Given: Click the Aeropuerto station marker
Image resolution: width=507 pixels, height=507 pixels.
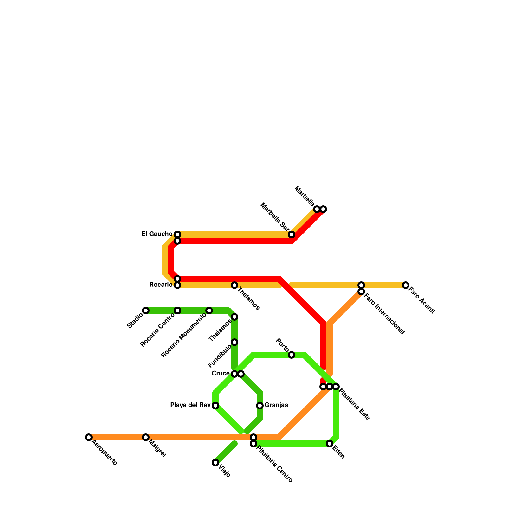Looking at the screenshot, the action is [89, 437].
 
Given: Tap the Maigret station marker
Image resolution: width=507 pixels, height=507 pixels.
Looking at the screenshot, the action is [146, 437].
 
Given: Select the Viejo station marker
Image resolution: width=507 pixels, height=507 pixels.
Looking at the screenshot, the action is [215, 463].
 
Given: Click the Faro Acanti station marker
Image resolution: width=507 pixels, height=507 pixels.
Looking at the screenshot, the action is [406, 285].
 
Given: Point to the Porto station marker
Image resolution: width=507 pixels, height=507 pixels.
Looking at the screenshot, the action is [292, 355].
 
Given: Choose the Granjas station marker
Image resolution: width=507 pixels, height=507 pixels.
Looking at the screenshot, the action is [260, 406].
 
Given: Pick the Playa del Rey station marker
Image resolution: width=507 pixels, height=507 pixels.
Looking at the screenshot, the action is [215, 406].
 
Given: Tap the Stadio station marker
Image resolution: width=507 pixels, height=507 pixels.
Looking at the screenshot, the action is [146, 311].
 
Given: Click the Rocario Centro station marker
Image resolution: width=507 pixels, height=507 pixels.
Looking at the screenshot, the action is [177, 311].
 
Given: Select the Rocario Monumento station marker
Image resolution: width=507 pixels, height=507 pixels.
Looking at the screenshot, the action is [209, 311].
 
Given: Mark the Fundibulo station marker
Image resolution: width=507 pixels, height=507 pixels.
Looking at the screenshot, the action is [234, 342].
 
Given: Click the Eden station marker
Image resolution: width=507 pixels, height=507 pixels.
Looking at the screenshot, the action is [330, 444].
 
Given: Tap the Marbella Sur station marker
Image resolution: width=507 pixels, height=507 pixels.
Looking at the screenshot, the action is [292, 234].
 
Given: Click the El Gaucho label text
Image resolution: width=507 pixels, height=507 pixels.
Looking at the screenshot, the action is [157, 234].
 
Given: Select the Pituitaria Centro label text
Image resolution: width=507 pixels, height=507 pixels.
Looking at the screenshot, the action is [274, 464].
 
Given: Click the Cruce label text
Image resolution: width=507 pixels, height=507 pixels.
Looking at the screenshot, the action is [221, 374].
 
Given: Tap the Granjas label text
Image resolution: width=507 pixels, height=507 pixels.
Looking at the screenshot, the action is [276, 405].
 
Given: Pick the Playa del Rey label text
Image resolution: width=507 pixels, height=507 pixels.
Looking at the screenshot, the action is [190, 405].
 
